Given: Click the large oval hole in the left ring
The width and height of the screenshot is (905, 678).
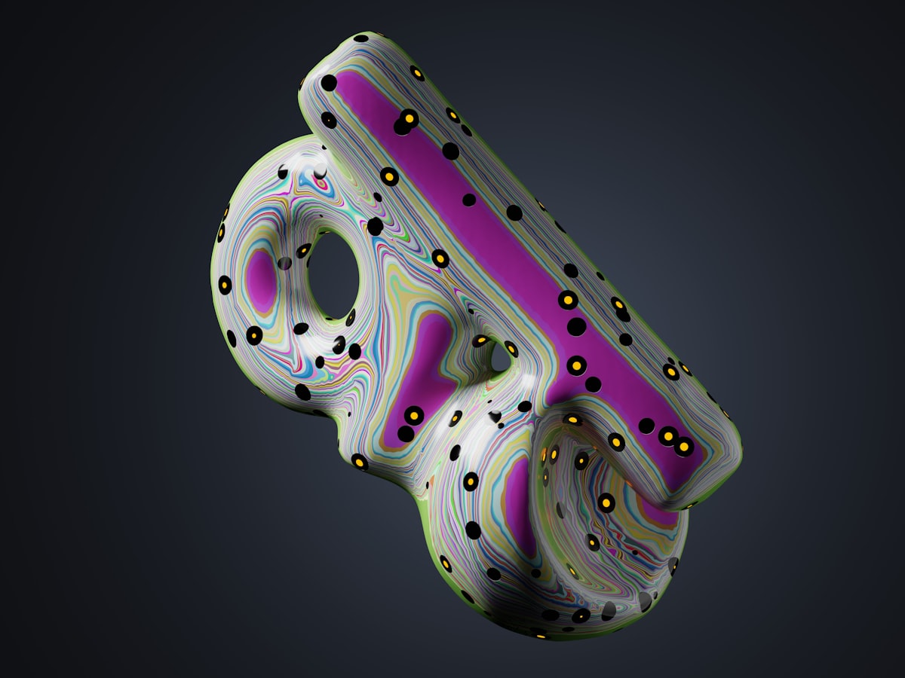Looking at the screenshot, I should (x=334, y=276).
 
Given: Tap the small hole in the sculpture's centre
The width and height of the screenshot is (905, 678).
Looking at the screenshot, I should (x=500, y=360).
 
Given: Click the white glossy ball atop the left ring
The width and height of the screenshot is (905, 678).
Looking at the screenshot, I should (x=321, y=170).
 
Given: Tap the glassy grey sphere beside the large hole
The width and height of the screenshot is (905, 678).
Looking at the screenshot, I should (x=284, y=263).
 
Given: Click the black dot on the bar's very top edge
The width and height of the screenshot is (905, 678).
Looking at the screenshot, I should (x=361, y=38).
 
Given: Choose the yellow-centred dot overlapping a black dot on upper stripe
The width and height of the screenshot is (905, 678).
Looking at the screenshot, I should (x=408, y=118).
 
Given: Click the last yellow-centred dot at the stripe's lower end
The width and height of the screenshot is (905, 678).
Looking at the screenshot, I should (x=683, y=446).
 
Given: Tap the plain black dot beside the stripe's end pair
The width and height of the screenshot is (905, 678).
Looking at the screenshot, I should (x=646, y=426).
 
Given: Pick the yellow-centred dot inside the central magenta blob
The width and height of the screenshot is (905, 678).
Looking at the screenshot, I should (x=413, y=415).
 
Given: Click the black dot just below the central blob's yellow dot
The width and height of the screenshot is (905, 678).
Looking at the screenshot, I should (x=406, y=434).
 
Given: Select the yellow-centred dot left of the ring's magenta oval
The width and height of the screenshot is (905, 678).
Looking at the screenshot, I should (x=225, y=285).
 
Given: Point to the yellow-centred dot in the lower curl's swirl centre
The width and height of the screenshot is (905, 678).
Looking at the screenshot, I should (x=606, y=502).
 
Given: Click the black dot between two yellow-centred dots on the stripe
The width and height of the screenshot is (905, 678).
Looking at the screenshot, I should (x=576, y=326).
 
